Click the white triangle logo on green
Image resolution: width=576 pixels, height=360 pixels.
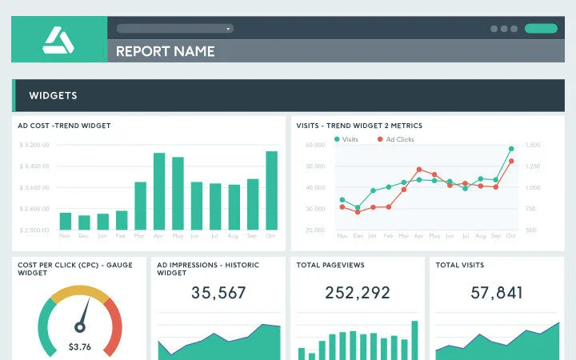(x=58, y=39)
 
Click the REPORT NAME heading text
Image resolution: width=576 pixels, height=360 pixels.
(x=166, y=51)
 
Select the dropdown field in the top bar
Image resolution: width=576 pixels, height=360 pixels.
(x=174, y=28)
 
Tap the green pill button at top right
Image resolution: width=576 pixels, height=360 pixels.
(x=541, y=28)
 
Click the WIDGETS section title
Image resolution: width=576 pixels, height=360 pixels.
(x=53, y=95)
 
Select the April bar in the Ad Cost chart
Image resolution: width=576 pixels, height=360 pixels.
(x=159, y=191)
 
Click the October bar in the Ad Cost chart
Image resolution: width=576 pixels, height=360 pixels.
(x=271, y=190)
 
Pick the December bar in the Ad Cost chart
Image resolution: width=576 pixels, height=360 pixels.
(x=84, y=222)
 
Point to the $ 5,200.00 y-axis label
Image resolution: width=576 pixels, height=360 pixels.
(x=34, y=145)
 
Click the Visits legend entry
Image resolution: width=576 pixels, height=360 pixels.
(x=346, y=139)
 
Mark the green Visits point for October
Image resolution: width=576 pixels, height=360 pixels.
(x=511, y=149)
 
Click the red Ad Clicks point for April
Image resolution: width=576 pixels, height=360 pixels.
(x=419, y=170)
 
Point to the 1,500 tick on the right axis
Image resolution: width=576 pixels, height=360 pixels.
(x=533, y=145)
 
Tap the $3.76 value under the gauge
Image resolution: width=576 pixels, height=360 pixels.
(x=79, y=346)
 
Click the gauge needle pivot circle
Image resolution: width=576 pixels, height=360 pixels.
(x=79, y=326)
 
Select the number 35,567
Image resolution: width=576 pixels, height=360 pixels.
(x=218, y=293)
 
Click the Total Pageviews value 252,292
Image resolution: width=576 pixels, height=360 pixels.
(x=358, y=293)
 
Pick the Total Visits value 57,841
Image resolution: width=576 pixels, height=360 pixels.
(x=497, y=293)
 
